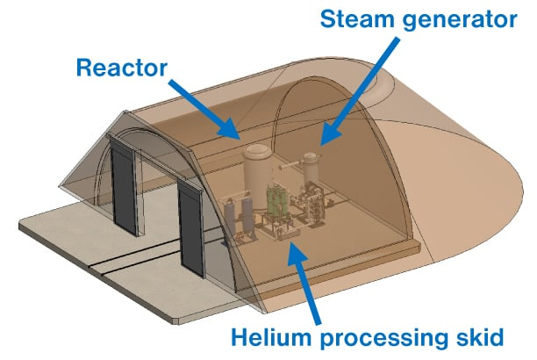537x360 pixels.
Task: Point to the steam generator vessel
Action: pyautogui.click(x=308, y=171)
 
